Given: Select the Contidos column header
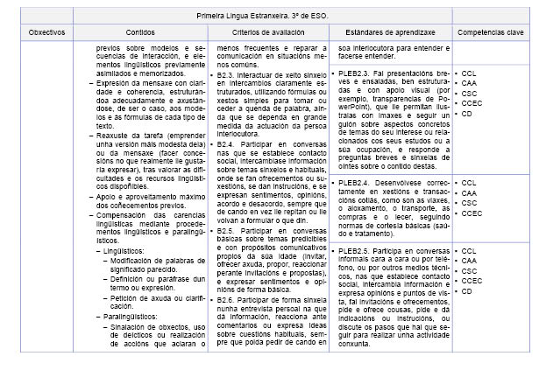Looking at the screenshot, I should [x=143, y=31].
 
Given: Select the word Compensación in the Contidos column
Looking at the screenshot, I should [x=124, y=215].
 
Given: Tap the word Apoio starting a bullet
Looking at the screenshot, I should [x=109, y=198].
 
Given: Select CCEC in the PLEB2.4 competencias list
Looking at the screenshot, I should [x=472, y=212].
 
